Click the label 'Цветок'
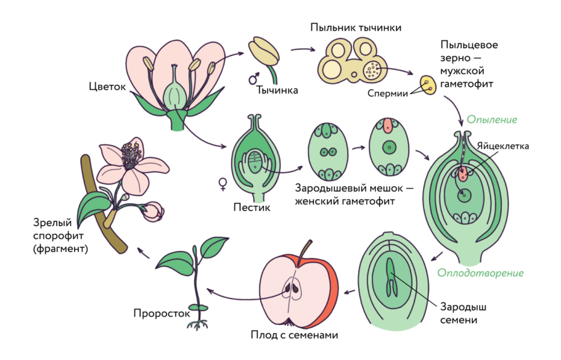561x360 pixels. tap(107, 86)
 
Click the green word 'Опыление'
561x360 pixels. tap(491, 120)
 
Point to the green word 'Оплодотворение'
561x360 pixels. tap(480, 272)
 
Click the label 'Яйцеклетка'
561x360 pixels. tap(503, 145)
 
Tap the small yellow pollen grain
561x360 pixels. tap(426, 84)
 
